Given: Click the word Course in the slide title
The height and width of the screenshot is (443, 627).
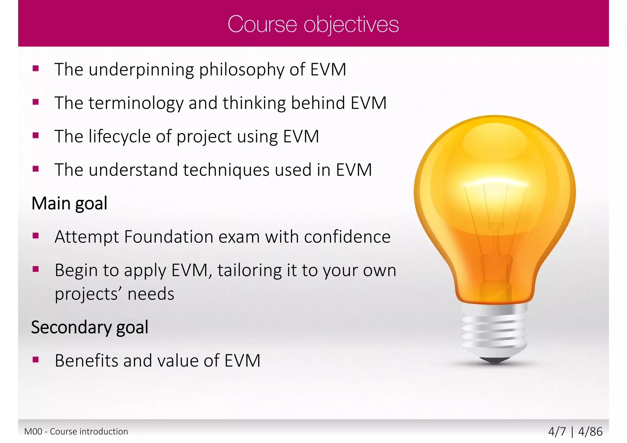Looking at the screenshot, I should [x=262, y=24].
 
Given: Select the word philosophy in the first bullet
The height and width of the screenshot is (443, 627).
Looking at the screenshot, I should [x=242, y=70].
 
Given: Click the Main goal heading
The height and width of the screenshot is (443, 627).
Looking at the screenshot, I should [x=69, y=203].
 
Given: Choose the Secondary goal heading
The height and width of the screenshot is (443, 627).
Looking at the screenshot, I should [x=90, y=327].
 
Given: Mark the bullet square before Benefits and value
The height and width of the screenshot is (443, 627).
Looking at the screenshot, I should [x=36, y=359].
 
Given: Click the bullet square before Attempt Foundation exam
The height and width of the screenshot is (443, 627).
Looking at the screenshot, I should [x=36, y=236].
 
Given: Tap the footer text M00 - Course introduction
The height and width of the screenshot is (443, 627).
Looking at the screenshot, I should [x=76, y=431].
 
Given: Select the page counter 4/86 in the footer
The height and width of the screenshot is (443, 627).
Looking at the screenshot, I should [x=590, y=431].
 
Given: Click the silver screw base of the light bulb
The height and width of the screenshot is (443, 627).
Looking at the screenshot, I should [x=495, y=330].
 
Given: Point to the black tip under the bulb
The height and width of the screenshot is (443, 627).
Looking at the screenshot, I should [x=495, y=360].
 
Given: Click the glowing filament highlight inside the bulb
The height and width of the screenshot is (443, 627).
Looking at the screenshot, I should [x=496, y=183].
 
